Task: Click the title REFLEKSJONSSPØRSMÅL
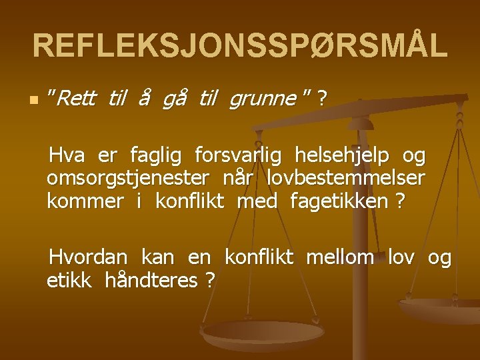coord(240,45)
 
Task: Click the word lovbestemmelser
coord(346,178)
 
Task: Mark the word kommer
coord(85,201)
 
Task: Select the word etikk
coord(69,279)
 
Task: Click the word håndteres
coord(151,280)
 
